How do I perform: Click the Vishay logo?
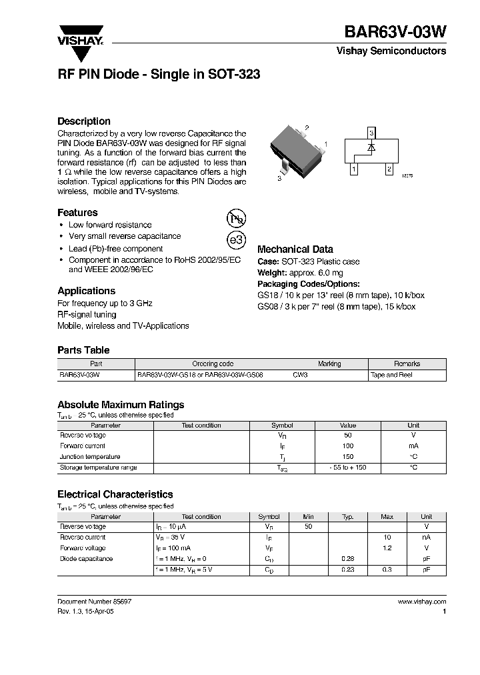pyautogui.click(x=79, y=35)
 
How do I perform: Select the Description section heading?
pyautogui.click(x=84, y=121)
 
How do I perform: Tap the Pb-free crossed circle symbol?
pyautogui.click(x=236, y=218)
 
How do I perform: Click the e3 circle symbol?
pyautogui.click(x=236, y=240)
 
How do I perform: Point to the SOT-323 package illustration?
pyautogui.click(x=294, y=151)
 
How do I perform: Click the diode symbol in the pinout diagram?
pyautogui.click(x=372, y=145)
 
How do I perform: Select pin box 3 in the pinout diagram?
pyautogui.click(x=372, y=134)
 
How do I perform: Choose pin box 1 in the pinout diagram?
pyautogui.click(x=353, y=169)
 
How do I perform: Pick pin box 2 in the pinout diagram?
pyautogui.click(x=389, y=169)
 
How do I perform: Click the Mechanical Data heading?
pyautogui.click(x=295, y=249)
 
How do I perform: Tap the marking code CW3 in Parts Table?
pyautogui.click(x=301, y=375)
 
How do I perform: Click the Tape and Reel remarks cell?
pyautogui.click(x=391, y=375)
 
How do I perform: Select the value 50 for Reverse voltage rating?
pyautogui.click(x=348, y=436)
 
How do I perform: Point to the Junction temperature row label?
pyautogui.click(x=90, y=457)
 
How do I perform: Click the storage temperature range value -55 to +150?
pyautogui.click(x=348, y=468)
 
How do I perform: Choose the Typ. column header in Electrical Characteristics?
pyautogui.click(x=348, y=517)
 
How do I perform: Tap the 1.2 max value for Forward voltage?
pyautogui.click(x=387, y=548)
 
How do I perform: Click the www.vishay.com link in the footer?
pyautogui.click(x=422, y=602)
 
